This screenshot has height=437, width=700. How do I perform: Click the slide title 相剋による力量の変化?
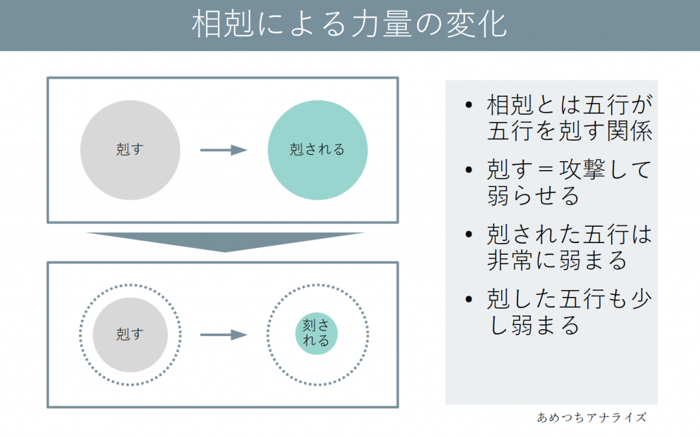pos(349,25)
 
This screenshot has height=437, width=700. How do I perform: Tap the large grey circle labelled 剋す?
pos(131,150)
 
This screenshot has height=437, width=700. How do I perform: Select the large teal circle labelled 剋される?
pos(317,150)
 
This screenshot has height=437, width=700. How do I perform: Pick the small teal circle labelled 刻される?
pos(317,334)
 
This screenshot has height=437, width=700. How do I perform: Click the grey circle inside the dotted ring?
pos(131,335)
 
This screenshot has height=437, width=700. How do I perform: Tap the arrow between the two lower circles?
pos(223,335)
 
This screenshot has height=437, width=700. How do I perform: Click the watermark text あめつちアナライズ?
pos(592,417)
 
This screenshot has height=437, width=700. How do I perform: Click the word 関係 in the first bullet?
pos(630,130)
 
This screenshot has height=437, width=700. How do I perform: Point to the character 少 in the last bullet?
pos(639,299)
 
